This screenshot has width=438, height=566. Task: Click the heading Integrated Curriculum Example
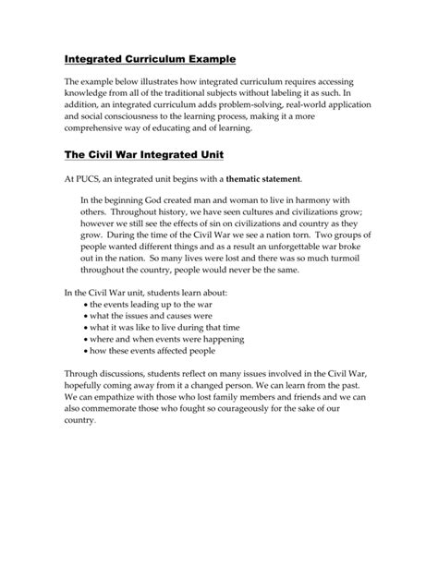click(150, 59)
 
